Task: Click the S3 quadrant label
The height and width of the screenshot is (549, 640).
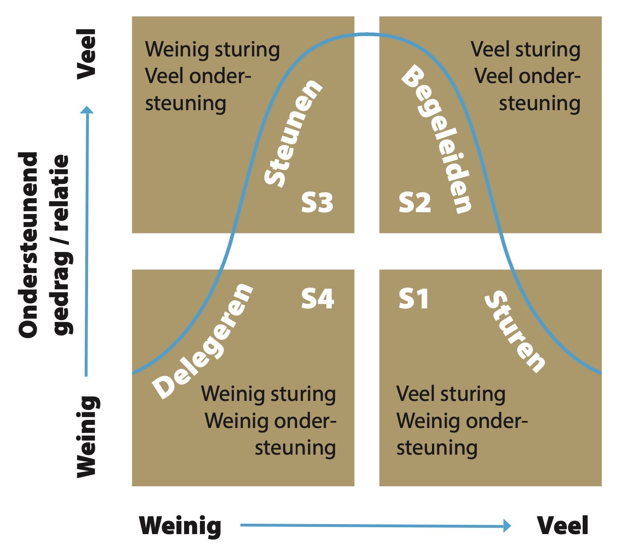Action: coord(317,203)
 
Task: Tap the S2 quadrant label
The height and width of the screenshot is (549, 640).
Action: coord(415,203)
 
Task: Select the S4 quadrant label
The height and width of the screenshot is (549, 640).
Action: coord(318,298)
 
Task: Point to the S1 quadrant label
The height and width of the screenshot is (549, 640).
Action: coord(413,299)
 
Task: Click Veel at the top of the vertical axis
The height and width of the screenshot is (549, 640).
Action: coord(87,54)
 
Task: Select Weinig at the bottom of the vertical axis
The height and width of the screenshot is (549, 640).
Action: coord(87,437)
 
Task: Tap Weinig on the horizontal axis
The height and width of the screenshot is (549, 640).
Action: coord(180,526)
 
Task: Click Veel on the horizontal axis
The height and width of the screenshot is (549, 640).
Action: coord(562,526)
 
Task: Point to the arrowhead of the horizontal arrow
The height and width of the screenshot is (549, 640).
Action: coord(507,526)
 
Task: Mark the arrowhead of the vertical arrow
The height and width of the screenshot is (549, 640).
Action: coord(87,110)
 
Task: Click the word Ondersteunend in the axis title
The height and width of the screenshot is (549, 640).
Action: coord(28,245)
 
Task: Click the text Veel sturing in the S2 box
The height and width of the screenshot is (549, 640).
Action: coord(525,50)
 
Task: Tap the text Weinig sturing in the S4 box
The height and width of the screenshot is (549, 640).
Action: coord(269,394)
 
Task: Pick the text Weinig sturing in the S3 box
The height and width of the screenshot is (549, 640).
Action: coord(212,50)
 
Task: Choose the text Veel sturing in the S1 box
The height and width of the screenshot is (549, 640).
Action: coord(451,394)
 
